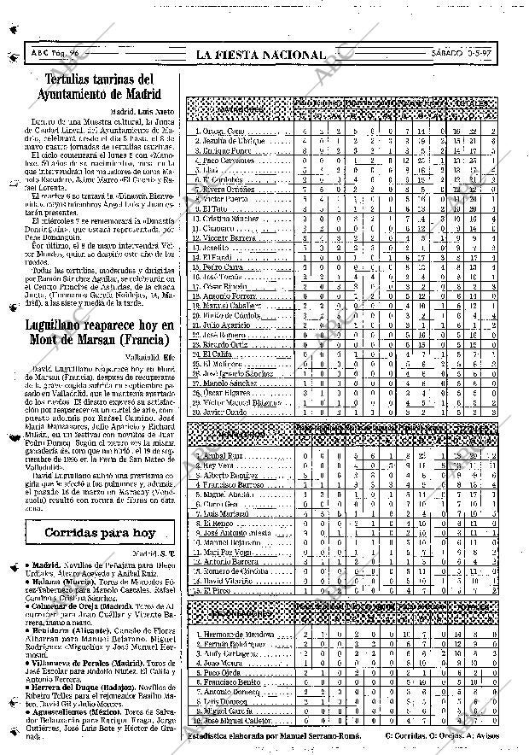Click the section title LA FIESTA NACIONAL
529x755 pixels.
(260, 55)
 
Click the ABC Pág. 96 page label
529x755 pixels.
(59, 54)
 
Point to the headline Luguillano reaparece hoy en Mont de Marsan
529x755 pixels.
(96, 331)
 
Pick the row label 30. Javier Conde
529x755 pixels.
(222, 411)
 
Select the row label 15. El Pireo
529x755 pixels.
(214, 590)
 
